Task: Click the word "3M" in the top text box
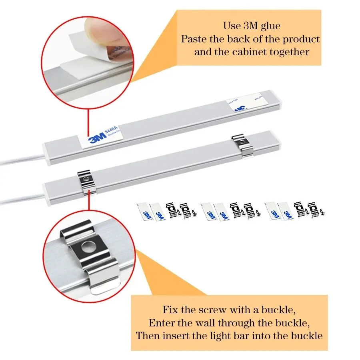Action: pos(251,26)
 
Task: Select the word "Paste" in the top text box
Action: pos(194,39)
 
